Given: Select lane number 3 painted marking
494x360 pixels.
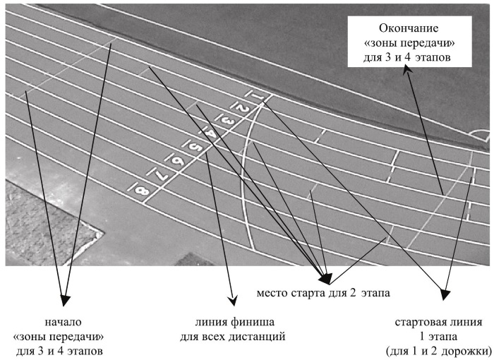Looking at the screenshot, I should [x=227, y=121].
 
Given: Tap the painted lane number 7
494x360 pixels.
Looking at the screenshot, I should [x=161, y=174].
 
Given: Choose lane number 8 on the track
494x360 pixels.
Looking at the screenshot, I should [x=142, y=189].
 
